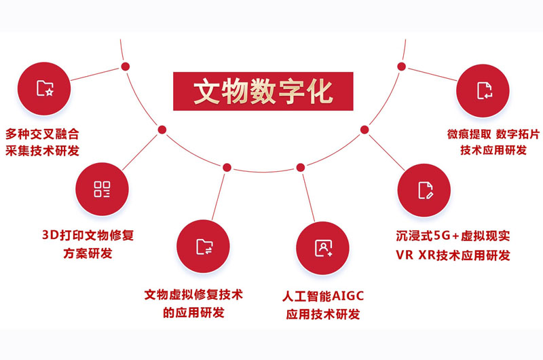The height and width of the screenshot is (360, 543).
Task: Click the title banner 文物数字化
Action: pos(263,91)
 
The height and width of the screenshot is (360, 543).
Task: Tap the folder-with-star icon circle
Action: pos(44,89)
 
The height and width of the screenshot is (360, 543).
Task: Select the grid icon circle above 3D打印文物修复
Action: pos(102,190)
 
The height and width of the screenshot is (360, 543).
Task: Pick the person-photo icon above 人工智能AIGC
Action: pos(323,248)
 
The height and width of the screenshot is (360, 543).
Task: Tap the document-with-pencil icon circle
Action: pos(424,190)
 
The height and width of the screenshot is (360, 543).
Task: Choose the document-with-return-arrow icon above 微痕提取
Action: pos(483,91)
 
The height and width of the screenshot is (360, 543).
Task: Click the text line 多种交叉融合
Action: pos(42,134)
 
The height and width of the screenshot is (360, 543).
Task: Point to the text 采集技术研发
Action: pos(42,150)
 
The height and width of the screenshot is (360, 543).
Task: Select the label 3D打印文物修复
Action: pos(88,235)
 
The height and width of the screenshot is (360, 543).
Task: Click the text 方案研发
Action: pos(88,253)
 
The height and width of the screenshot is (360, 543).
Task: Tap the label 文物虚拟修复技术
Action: pos(193,295)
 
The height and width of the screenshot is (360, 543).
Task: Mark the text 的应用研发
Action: pos(193,313)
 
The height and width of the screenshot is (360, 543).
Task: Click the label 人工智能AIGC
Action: pos(323,296)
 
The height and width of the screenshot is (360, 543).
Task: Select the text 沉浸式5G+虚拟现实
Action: pos(453,236)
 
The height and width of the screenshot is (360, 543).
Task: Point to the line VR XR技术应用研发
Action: pos(453,255)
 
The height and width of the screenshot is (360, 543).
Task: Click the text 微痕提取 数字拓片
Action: pos(493,134)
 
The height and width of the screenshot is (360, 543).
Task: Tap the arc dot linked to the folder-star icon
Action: pos(126,67)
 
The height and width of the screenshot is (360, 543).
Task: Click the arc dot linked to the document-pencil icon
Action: pos(364,130)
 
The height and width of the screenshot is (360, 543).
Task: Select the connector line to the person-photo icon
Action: pos(309,198)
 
